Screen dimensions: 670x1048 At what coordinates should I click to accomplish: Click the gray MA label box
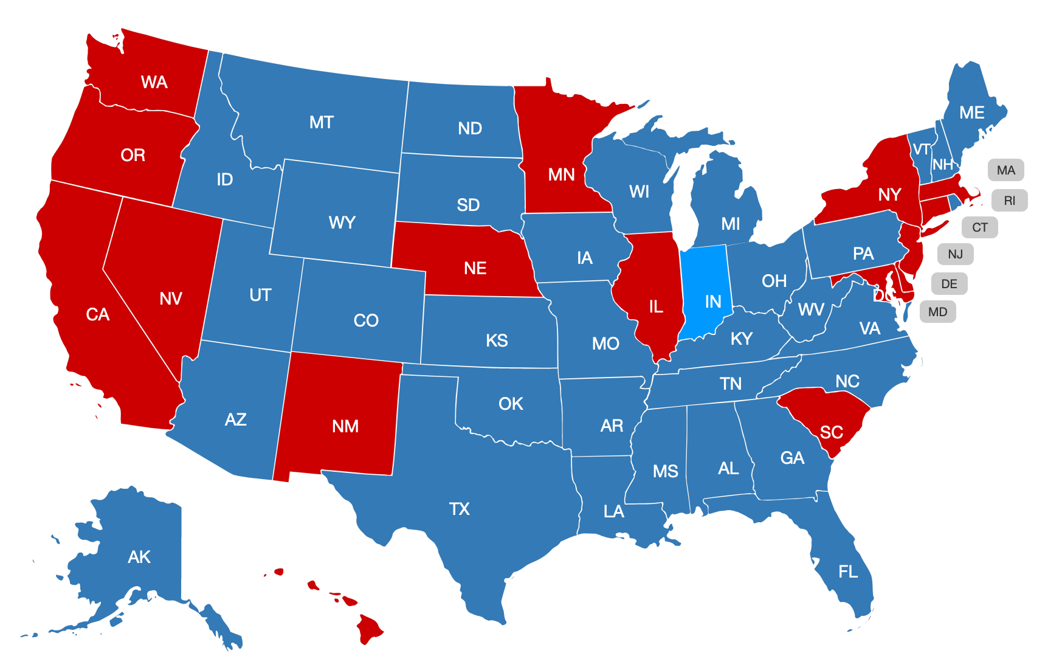tap(1005, 170)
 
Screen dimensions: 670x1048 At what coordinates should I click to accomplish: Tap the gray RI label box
tap(1009, 201)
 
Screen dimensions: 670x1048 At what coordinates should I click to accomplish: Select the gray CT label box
tap(979, 227)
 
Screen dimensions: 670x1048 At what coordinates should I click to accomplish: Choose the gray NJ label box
tap(955, 254)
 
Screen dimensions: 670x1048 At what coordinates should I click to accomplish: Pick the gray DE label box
tap(949, 283)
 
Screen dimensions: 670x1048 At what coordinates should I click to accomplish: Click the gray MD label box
tap(937, 312)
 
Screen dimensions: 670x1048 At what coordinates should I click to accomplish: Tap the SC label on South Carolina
tap(831, 432)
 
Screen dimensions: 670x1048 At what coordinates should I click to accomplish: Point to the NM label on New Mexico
tap(345, 426)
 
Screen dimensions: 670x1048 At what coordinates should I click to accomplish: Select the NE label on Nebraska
tap(475, 268)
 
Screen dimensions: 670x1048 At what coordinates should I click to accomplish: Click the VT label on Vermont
tap(921, 150)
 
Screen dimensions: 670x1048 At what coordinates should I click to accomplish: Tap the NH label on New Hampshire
tap(942, 165)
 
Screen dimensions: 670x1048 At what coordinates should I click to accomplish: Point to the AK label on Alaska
tap(139, 557)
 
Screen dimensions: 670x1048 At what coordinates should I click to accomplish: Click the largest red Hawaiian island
tap(368, 629)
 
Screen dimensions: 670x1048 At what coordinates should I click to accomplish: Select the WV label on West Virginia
tap(811, 309)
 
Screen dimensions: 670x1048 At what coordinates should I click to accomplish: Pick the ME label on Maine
tap(971, 112)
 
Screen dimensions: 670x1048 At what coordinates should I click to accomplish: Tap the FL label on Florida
tap(848, 572)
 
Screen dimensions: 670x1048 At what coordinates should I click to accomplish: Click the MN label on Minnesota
tap(561, 175)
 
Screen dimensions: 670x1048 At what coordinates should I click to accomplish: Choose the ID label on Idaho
tap(224, 179)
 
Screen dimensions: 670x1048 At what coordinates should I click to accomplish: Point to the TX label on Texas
tap(459, 509)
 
